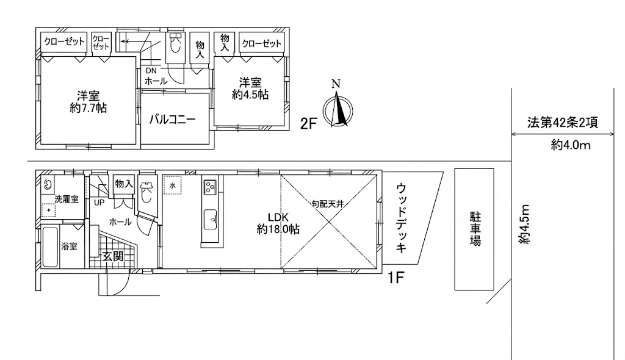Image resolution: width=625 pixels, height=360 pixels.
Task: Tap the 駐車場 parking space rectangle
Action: point(474,229)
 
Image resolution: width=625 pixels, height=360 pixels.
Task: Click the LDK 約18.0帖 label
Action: point(278,223)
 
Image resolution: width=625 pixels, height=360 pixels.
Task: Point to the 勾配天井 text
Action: point(328,204)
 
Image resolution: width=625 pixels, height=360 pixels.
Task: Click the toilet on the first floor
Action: point(146,192)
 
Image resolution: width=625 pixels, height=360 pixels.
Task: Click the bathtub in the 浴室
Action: point(50,247)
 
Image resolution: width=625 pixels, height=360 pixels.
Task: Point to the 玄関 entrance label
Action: point(113,256)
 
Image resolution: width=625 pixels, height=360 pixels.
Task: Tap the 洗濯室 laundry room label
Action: point(67,199)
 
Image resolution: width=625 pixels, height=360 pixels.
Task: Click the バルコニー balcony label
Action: point(173,120)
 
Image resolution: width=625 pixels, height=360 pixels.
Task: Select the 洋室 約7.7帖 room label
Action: point(88,102)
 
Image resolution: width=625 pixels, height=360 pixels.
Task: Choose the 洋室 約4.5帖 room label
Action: point(250,88)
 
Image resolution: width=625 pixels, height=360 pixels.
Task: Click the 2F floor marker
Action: point(308,124)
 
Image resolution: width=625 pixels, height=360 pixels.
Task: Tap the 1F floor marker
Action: point(396,278)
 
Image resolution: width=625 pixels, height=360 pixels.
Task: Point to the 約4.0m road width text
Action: point(571,145)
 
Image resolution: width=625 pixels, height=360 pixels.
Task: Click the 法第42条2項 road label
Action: point(562,123)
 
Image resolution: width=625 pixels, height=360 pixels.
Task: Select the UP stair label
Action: point(99,203)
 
